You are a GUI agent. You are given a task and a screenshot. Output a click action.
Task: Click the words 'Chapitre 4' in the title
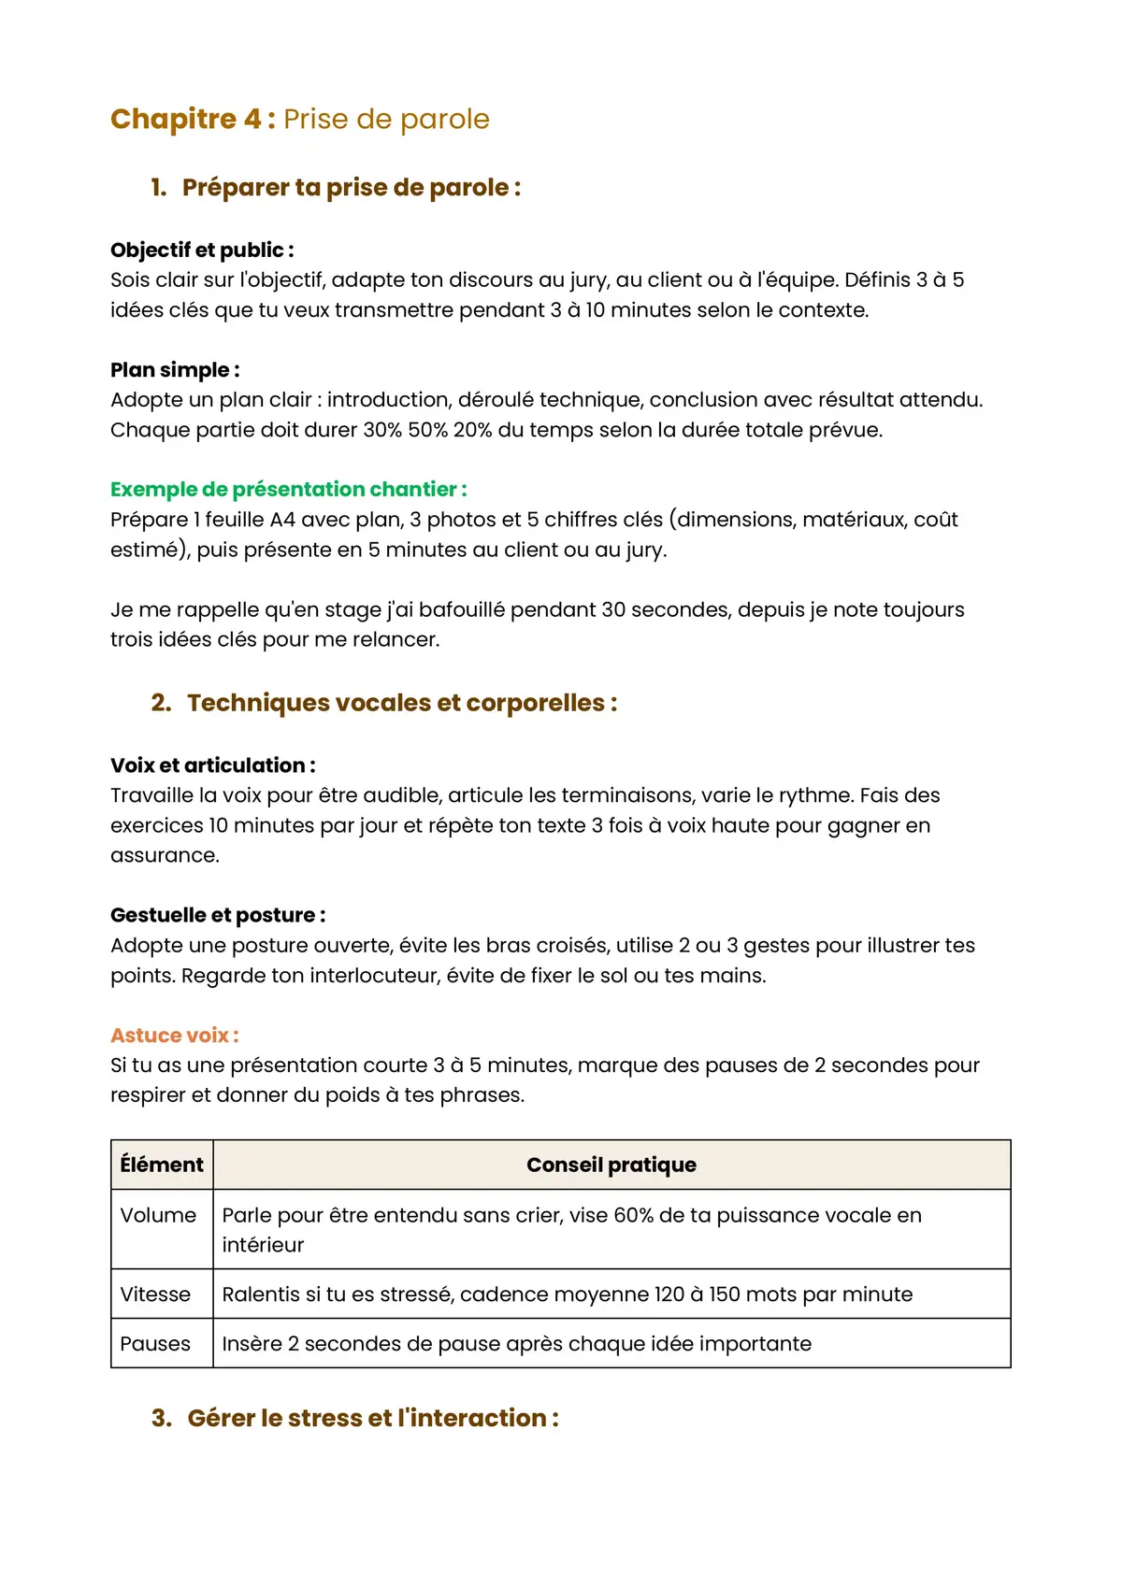[x=186, y=119]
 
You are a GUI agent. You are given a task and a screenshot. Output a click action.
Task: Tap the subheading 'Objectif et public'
[x=202, y=250]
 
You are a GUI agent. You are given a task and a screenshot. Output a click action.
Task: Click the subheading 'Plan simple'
[x=175, y=369]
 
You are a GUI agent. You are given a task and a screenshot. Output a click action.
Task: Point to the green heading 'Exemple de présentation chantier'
[x=288, y=489]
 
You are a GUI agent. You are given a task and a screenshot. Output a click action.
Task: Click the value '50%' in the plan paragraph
[x=427, y=430]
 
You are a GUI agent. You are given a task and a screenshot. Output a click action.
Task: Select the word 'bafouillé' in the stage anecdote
[x=461, y=609]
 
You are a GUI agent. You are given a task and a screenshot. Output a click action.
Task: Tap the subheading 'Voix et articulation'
[x=212, y=765]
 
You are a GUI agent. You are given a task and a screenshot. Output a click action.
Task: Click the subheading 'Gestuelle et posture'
[x=218, y=915]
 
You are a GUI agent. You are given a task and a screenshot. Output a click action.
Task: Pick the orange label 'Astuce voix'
[x=174, y=1035]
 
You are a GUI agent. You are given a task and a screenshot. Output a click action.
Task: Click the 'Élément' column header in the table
[x=162, y=1165]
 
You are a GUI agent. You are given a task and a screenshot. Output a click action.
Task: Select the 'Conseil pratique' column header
[x=611, y=1165]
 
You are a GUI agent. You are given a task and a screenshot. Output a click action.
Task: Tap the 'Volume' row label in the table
[x=158, y=1215]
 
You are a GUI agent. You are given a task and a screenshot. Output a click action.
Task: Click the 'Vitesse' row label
[x=155, y=1294]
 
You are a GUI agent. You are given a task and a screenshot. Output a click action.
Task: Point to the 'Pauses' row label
[x=155, y=1344]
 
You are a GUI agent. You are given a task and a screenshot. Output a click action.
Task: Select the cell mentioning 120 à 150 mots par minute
[x=567, y=1294]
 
